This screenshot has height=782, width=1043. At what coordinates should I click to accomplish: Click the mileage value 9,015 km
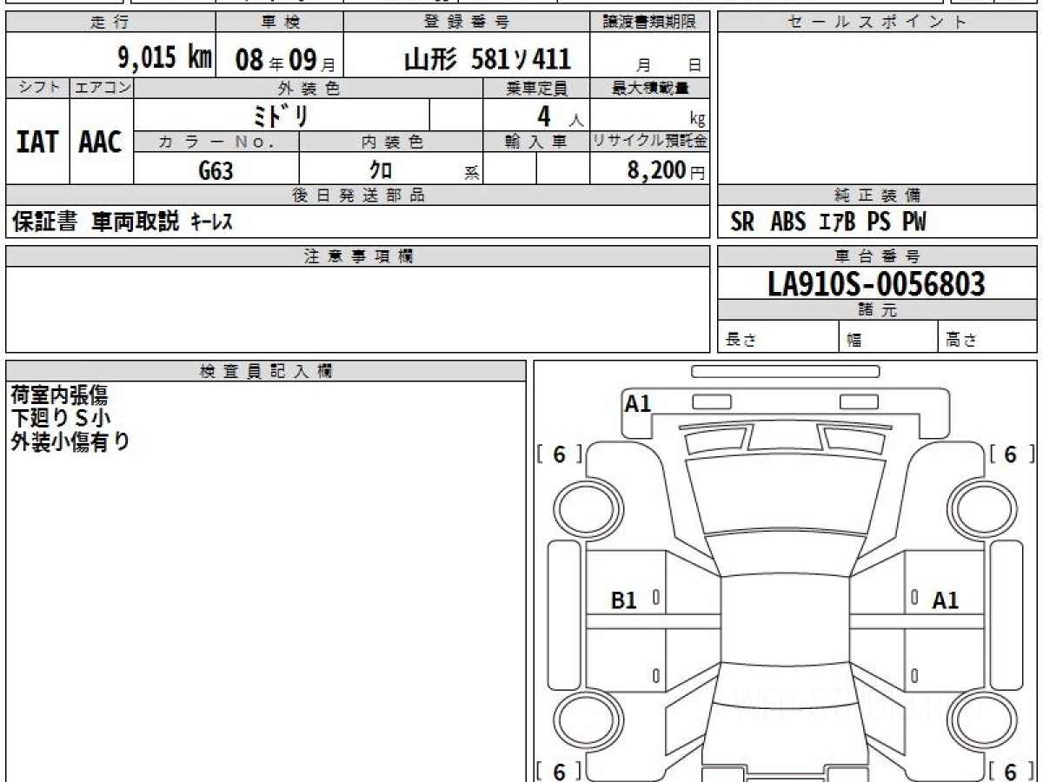click(x=164, y=58)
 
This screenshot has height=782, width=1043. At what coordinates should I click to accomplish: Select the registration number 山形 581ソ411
click(x=488, y=59)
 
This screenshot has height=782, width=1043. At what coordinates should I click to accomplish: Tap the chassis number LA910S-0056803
click(x=877, y=283)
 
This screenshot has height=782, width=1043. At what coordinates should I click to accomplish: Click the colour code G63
click(x=216, y=171)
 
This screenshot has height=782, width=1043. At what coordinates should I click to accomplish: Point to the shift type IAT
click(x=37, y=142)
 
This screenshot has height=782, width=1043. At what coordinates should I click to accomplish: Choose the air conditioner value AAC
click(x=100, y=142)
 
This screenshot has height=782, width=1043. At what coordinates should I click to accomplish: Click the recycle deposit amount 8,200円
click(x=666, y=170)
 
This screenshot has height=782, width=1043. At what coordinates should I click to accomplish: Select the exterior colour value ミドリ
click(x=281, y=116)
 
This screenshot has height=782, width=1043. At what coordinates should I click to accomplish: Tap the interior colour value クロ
click(x=381, y=170)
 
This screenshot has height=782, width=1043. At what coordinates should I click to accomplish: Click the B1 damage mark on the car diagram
click(x=623, y=600)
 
